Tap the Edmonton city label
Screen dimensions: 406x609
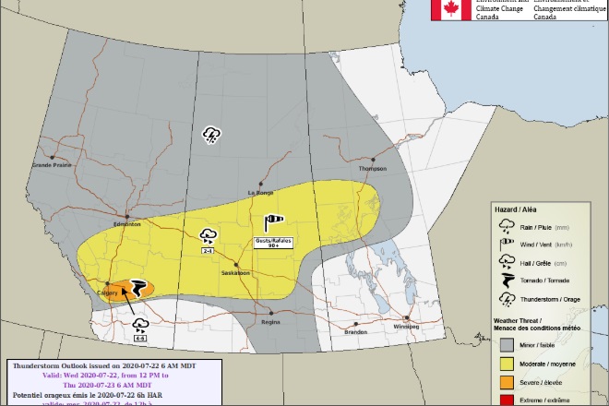tap(126, 224)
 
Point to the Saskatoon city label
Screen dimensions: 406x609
tap(236, 273)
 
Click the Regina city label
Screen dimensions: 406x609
tap(270, 323)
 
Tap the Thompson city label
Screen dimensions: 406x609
tap(373, 169)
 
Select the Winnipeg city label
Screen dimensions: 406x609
tap(406, 327)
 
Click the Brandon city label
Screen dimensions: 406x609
tap(356, 332)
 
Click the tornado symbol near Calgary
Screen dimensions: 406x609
tap(139, 289)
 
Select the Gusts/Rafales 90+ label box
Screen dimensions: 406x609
tap(273, 242)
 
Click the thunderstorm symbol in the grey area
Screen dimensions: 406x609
tap(212, 136)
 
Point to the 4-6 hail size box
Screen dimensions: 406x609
tap(140, 339)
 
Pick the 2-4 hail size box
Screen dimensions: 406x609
tap(209, 250)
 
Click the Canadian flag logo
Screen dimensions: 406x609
tap(452, 10)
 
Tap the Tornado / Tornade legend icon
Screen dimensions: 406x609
tap(505, 280)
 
